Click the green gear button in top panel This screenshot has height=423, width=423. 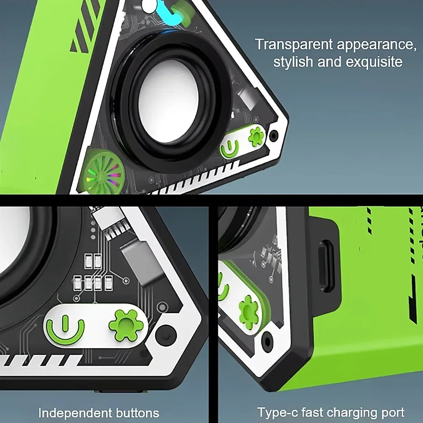pos(256,137)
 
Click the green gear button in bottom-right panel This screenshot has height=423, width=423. pos(249,312)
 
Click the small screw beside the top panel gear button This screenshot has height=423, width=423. pos(274,136)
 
